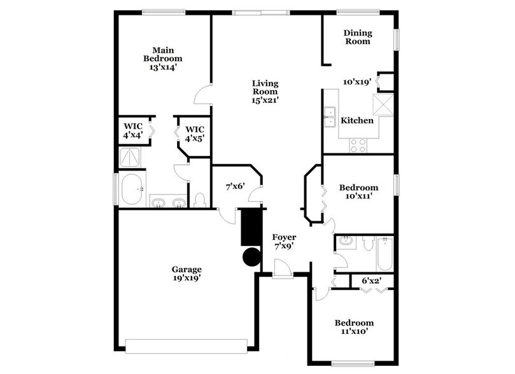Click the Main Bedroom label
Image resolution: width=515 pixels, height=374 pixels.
coord(163,58)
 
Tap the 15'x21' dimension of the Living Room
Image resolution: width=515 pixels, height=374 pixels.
coord(265,99)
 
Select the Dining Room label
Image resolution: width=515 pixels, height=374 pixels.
coord(357,37)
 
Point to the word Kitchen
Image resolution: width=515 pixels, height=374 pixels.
coord(356,120)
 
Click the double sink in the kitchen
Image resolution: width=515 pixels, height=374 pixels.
coord(330,118)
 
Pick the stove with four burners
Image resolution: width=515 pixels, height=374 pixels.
coord(358,146)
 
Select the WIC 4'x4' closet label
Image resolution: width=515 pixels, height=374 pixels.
coord(133,131)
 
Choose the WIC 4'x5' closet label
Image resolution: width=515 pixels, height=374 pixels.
coord(194,134)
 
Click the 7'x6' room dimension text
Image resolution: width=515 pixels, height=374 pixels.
coord(234,186)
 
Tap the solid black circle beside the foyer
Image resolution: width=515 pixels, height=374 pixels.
coord(251,256)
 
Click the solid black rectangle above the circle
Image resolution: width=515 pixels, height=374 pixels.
coord(251,226)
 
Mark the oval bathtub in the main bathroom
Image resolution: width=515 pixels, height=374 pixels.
coord(133,190)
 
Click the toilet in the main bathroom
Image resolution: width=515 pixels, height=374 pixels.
coord(200,200)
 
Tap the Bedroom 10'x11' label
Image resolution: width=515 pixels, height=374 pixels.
coord(358,192)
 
